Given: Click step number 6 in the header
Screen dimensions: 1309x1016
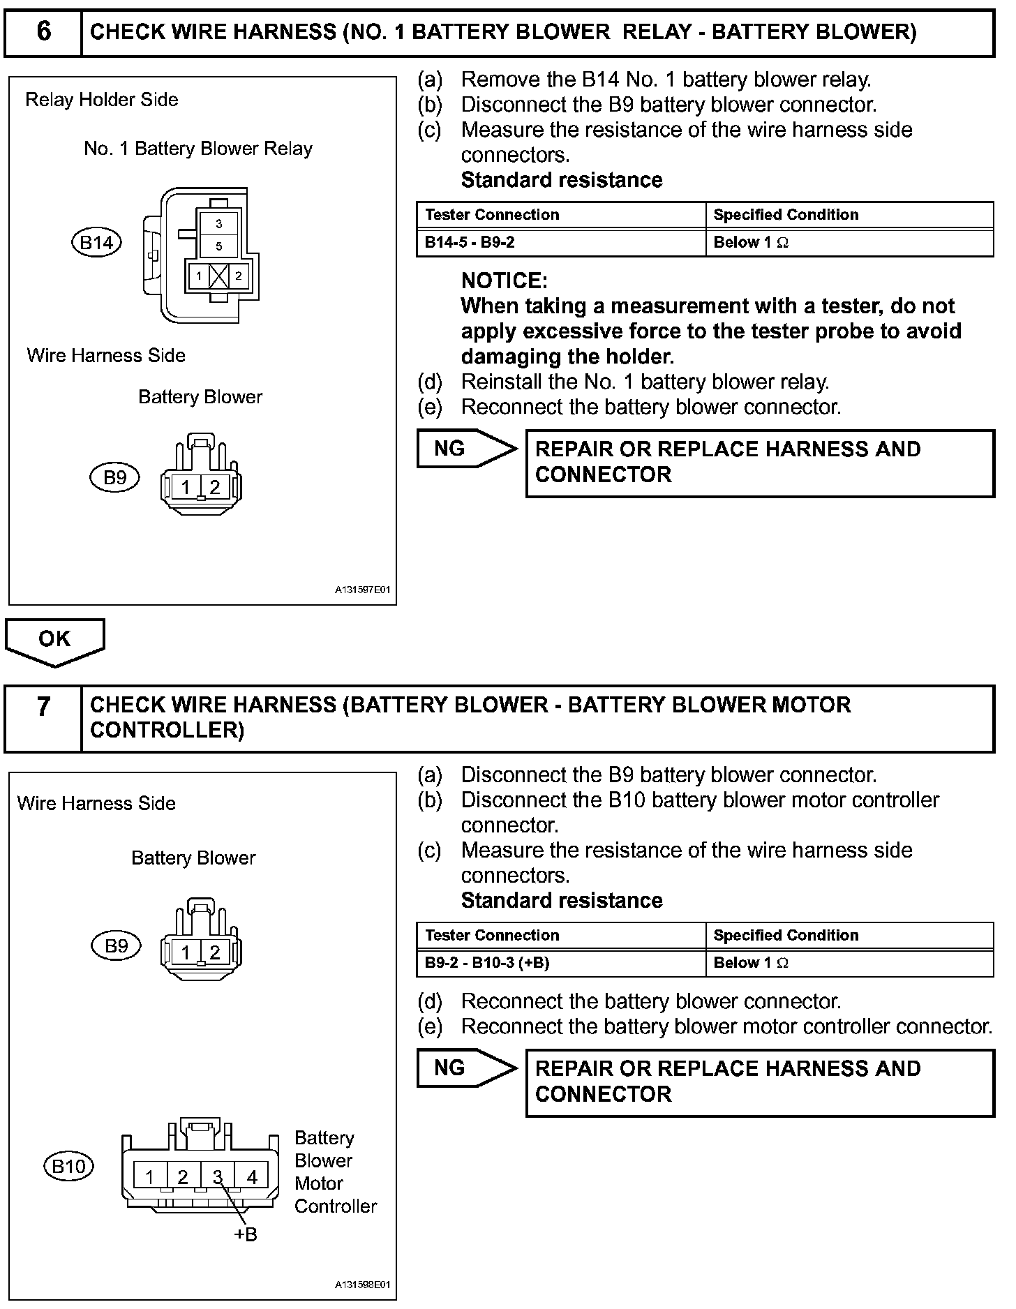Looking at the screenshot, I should pos(43,32).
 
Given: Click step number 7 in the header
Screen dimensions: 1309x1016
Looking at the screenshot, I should pos(43,707).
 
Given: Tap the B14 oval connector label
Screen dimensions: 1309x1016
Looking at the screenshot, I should pos(96,242).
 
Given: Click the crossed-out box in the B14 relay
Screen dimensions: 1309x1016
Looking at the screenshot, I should pos(218,276).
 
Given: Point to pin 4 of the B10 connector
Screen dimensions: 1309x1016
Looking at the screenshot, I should pos(252,1177).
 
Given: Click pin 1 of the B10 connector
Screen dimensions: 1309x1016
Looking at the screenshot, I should pos(149,1177).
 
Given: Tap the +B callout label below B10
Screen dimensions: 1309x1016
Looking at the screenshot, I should pos(245,1235).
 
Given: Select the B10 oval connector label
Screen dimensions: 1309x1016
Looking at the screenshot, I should pos(69,1166).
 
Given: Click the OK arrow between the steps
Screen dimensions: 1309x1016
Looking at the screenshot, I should pos(54,640).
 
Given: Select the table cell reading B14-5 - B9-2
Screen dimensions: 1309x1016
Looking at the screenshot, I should pos(561,243).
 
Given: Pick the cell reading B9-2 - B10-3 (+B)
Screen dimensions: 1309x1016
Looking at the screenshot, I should pos(561,964).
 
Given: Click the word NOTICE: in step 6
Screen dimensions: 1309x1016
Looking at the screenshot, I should pos(504,281).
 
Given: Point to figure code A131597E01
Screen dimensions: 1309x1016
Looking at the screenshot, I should pos(362,590).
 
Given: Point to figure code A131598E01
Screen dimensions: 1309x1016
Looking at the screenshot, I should pos(362,1285).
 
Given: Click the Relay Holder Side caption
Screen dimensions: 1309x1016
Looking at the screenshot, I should pos(101,100).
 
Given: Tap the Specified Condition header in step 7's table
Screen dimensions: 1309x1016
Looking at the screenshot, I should pos(786,936).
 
